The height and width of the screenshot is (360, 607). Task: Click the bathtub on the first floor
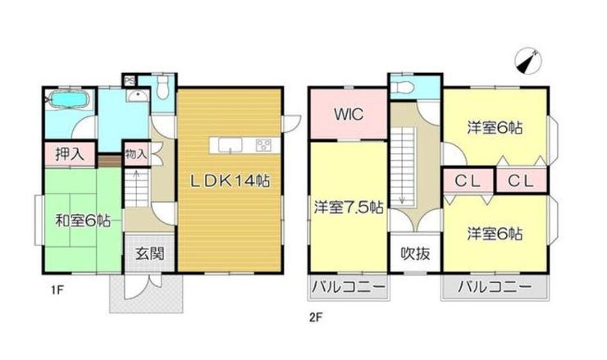click(69, 99)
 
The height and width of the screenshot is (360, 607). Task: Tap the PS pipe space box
click(130, 81)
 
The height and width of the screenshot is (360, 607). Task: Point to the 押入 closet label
click(70, 154)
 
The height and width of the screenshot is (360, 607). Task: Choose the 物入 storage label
click(136, 154)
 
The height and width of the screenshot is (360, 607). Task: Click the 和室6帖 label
click(83, 221)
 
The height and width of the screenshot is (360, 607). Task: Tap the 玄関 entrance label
click(150, 254)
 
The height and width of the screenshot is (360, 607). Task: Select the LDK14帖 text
click(230, 180)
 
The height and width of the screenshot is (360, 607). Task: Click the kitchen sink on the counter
click(230, 145)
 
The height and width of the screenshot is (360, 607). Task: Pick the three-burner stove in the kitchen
click(263, 145)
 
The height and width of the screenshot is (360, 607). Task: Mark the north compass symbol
click(528, 62)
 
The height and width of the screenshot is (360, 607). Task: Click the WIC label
click(349, 114)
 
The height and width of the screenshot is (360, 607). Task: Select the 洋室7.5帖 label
click(349, 207)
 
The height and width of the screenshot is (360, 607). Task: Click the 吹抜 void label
click(415, 253)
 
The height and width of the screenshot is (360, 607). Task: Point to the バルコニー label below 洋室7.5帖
click(349, 287)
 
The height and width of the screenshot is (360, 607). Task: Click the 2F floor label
click(316, 318)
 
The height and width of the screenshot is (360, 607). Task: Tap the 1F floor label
click(57, 290)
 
